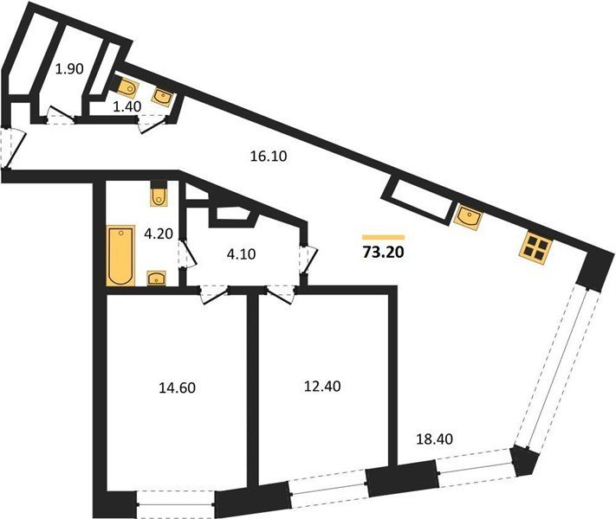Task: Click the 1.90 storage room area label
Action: [x=69, y=69]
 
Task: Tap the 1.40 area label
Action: [x=126, y=106]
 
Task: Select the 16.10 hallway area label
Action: [x=269, y=156]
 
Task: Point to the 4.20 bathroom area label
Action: [x=159, y=234]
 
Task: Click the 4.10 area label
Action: [x=241, y=254]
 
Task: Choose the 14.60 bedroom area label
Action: [x=178, y=388]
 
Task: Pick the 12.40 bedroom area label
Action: [x=322, y=387]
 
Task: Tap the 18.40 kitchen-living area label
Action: [x=434, y=439]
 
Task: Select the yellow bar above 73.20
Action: [x=383, y=237]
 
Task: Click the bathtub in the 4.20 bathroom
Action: [x=120, y=255]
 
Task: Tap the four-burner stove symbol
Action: [x=535, y=248]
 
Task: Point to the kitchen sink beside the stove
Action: [x=468, y=216]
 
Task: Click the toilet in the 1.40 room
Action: [x=126, y=88]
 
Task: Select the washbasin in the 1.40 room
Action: [x=162, y=97]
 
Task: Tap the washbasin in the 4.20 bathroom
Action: [x=156, y=279]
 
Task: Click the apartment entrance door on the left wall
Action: [x=12, y=149]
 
